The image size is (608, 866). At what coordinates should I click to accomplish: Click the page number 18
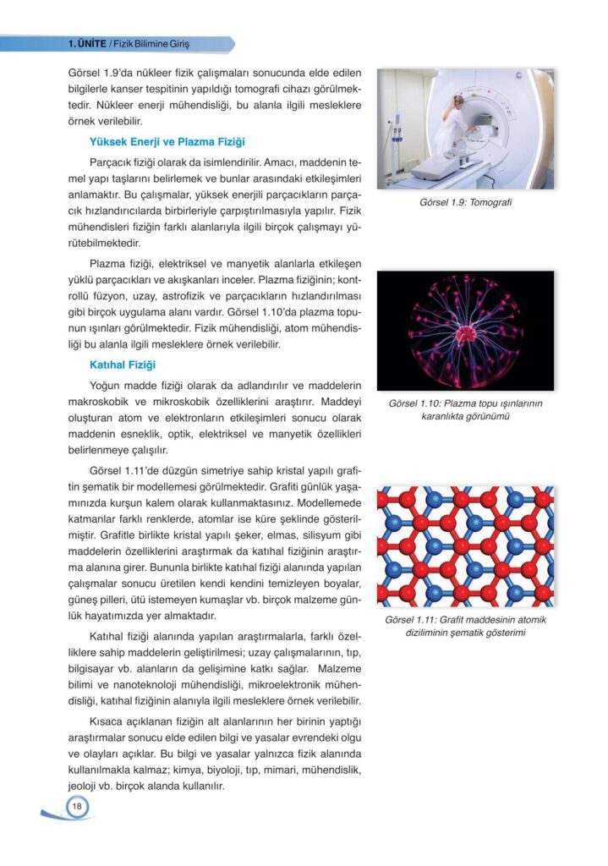pos(76,808)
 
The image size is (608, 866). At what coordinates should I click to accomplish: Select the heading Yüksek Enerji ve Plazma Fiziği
pos(167,141)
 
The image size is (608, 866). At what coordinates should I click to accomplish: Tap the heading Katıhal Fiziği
pos(123,364)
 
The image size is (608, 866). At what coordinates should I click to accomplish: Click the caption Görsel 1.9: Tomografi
pos(465,202)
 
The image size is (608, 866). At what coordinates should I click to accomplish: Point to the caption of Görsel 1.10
pos(465,409)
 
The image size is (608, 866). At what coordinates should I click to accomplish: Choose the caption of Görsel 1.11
pos(465,626)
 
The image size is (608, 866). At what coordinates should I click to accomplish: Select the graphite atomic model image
pos(465,545)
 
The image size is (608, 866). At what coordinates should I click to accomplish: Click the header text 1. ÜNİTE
pos(86,44)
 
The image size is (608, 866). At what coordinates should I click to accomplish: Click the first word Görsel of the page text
pos(84,74)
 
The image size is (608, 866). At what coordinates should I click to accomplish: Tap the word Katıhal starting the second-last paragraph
pos(109,635)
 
